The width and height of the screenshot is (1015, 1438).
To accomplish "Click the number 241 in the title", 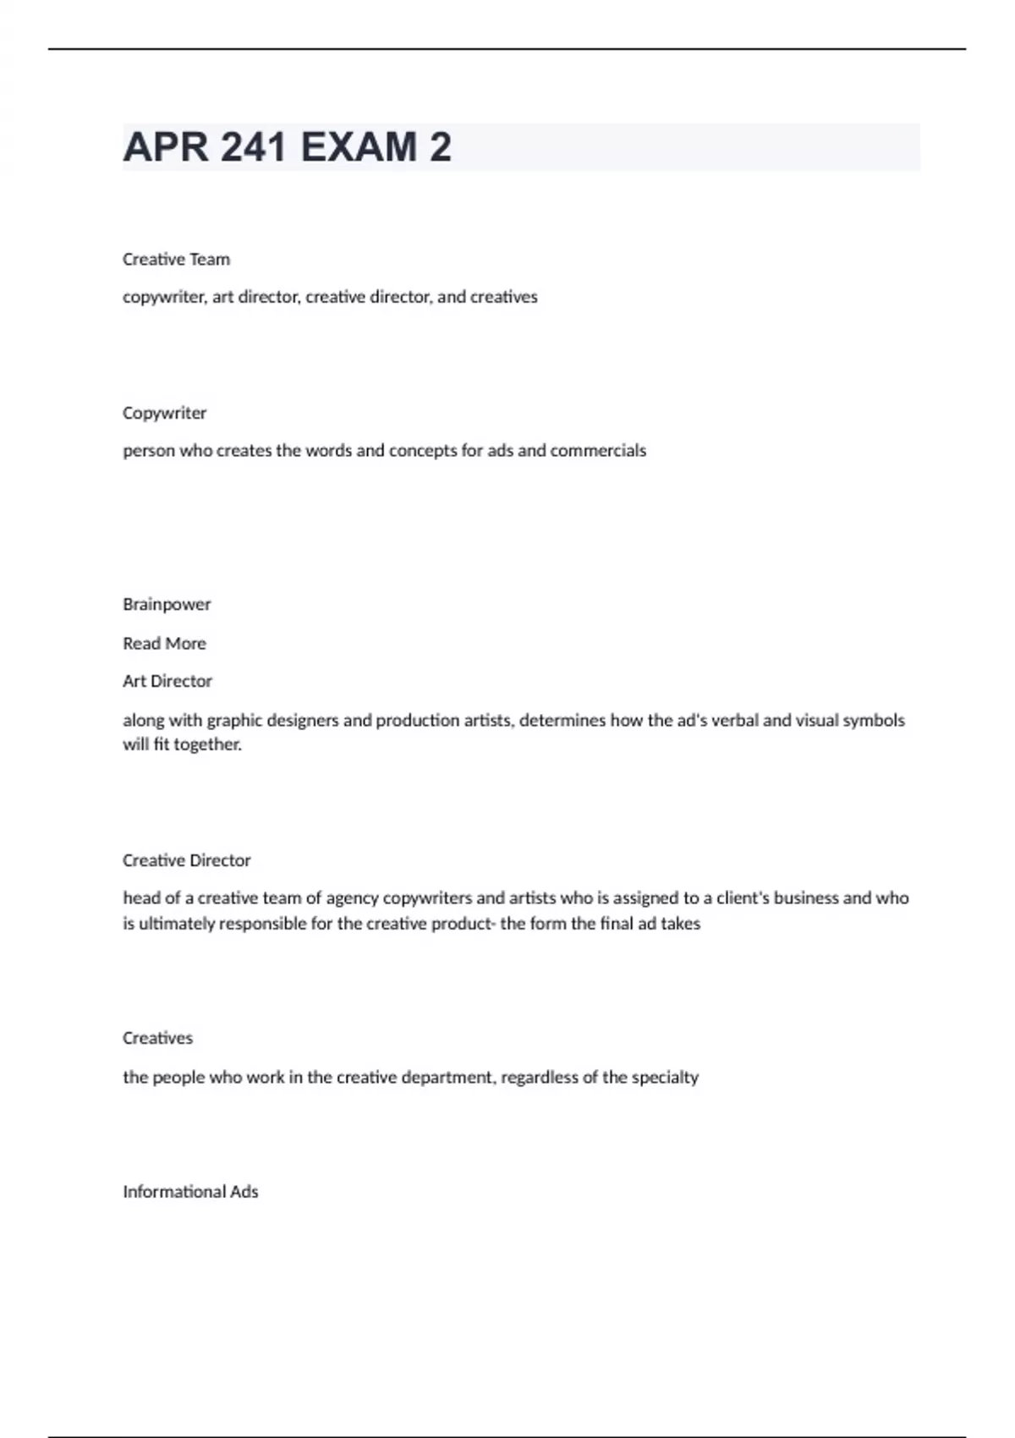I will pos(253,147).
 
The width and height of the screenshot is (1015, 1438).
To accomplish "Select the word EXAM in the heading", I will pos(359,147).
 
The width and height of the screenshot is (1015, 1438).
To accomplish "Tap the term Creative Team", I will pos(176,260).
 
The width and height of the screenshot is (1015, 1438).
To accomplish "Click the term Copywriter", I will pos(164,413).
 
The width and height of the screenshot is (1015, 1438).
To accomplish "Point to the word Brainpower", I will pos(167,604).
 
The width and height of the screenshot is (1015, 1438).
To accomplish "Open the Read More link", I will pos(164,643).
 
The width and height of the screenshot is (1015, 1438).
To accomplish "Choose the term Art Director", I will pos(167,681).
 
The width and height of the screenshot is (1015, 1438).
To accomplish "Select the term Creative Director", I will pos(186,860).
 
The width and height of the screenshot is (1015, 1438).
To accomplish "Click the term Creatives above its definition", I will pos(157,1038).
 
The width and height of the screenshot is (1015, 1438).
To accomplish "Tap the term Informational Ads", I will pos(190,1192).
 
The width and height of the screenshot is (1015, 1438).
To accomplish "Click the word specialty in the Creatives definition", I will pos(665,1078).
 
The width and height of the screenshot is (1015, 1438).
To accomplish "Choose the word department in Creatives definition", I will pos(447,1078).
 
